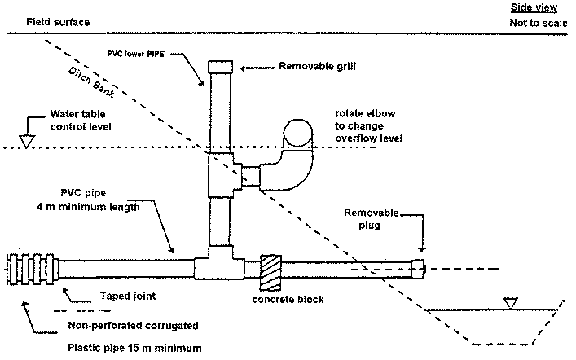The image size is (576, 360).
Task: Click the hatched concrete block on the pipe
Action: (270, 271)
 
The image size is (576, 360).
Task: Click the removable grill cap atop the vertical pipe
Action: (222, 67)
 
